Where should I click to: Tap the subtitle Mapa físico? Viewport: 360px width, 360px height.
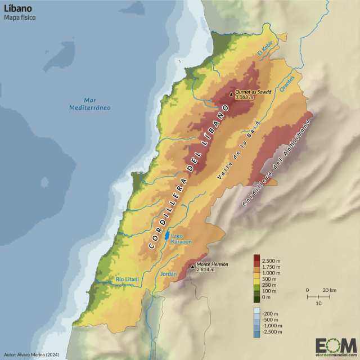click(x=20, y=19)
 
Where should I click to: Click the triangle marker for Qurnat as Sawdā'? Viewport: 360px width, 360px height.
click(x=231, y=94)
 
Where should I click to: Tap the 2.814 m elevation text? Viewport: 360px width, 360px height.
click(x=205, y=270)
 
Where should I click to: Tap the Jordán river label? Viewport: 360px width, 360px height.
click(x=169, y=274)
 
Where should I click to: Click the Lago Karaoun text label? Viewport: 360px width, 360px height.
click(x=181, y=238)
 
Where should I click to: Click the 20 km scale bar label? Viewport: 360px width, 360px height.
click(x=330, y=290)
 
